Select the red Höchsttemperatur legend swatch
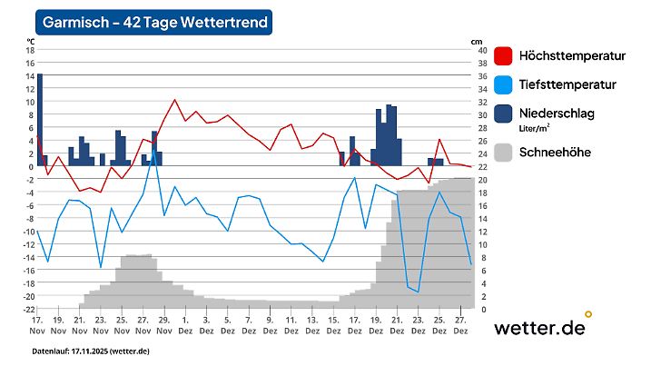pyautogui.click(x=502, y=56)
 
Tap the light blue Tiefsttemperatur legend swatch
pyautogui.click(x=502, y=85)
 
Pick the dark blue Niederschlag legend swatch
pyautogui.click(x=502, y=114)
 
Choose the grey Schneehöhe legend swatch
pyautogui.click(x=502, y=153)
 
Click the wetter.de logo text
pyautogui.click(x=538, y=328)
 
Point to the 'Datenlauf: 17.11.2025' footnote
pyautogui.click(x=91, y=351)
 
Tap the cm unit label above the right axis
pyautogui.click(x=477, y=42)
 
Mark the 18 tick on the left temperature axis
pyautogui.click(x=28, y=51)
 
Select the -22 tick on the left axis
pyautogui.click(x=28, y=310)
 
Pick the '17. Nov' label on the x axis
pyautogui.click(x=36, y=326)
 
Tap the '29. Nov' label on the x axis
pyautogui.click(x=163, y=326)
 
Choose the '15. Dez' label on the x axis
pyautogui.click(x=333, y=326)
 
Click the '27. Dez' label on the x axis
pyautogui.click(x=460, y=326)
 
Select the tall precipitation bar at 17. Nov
pyautogui.click(x=40, y=118)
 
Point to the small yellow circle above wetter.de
pyautogui.click(x=588, y=314)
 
